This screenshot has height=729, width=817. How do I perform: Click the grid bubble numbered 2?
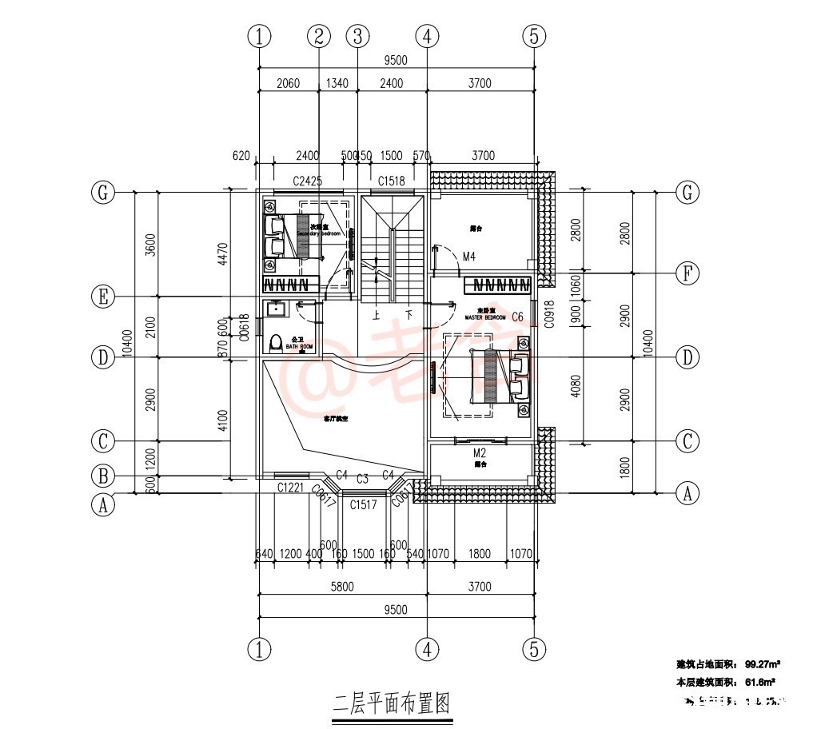[x=319, y=36]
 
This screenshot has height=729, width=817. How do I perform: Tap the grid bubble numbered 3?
[x=357, y=36]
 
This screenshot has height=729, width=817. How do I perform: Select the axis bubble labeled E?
[x=102, y=297]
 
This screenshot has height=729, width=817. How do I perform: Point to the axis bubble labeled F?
[x=687, y=274]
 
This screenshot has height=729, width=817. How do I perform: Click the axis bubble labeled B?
[x=102, y=477]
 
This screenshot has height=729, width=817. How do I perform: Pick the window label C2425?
[x=307, y=181]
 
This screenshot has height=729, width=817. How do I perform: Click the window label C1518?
[x=392, y=181]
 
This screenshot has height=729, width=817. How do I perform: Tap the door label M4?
[x=469, y=257]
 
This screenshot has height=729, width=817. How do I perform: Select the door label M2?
[x=480, y=453]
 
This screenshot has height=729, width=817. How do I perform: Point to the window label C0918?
[x=548, y=314]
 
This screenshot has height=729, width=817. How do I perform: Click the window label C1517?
[x=362, y=504]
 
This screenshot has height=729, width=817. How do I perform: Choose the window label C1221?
[x=291, y=488]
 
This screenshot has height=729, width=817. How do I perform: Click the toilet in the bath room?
[x=277, y=343]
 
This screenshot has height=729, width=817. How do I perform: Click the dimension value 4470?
[x=224, y=254]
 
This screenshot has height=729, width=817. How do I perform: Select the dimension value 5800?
[x=342, y=587]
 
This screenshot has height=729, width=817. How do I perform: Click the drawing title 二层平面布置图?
[x=391, y=704]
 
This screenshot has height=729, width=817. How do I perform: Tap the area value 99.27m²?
[x=762, y=664]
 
